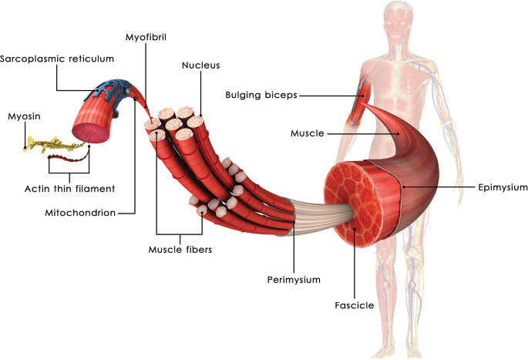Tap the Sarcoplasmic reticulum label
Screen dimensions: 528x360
point(57,59)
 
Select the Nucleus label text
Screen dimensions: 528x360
point(201,66)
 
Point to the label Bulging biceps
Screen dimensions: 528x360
point(261,95)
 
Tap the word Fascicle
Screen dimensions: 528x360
point(355,305)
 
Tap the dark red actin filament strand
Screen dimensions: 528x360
point(69,161)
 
